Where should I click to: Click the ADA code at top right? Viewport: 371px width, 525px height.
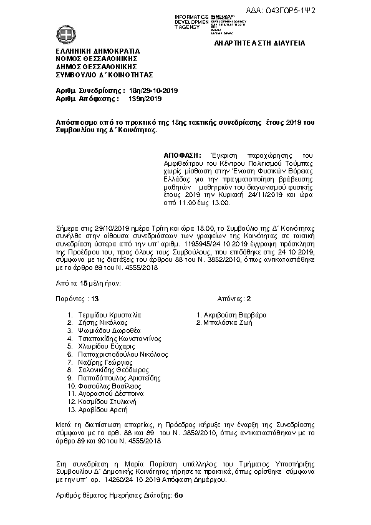(x=331, y=11)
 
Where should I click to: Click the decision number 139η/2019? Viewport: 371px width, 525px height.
(x=144, y=99)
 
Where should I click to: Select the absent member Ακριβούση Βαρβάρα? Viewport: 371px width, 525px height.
(x=234, y=314)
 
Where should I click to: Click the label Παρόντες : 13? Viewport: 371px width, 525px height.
(x=77, y=299)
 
